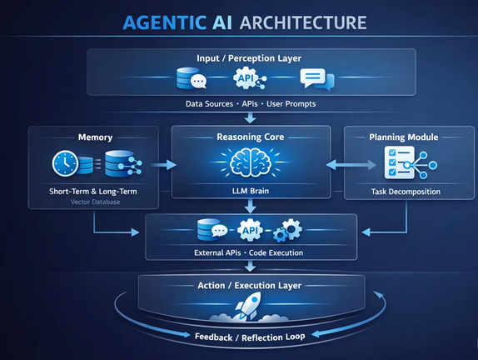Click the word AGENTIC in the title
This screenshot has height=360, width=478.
[x=165, y=22]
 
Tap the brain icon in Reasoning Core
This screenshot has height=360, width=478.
[x=251, y=162]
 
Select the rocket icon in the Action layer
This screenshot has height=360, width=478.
[x=247, y=306]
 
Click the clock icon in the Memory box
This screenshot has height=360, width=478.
[x=65, y=163]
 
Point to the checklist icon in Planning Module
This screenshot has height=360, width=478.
[x=400, y=162]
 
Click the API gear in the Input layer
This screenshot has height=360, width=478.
[x=246, y=78]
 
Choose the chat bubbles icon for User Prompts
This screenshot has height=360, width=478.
[x=317, y=79]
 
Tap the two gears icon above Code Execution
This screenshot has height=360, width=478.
[x=287, y=230]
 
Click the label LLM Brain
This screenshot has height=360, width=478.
[x=251, y=191]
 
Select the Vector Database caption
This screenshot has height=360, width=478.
[x=95, y=202]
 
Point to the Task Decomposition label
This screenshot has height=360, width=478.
[x=406, y=192]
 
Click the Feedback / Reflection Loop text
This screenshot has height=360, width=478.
[x=250, y=337]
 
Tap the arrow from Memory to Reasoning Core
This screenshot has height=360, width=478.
[x=164, y=165]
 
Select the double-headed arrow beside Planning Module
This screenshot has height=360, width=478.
[x=351, y=165]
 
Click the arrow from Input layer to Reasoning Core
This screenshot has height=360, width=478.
[x=251, y=118]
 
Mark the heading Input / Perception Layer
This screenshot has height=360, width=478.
[x=249, y=58]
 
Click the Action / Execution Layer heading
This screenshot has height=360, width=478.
[x=249, y=286]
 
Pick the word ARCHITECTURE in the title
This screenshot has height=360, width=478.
[x=303, y=22]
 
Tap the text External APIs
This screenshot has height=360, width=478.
[x=217, y=252]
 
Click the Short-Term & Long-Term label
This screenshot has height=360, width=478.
[x=93, y=192]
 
